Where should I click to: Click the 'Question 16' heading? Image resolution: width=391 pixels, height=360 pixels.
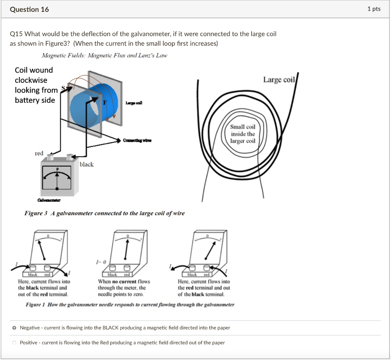(29, 10)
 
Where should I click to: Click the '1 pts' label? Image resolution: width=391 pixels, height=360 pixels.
(374, 9)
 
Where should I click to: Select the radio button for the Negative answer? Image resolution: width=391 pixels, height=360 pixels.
(14, 328)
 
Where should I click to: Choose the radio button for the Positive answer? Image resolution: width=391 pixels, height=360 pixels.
(14, 343)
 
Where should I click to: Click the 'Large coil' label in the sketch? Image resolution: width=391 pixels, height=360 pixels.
(279, 79)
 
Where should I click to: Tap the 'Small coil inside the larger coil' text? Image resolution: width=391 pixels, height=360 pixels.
(242, 134)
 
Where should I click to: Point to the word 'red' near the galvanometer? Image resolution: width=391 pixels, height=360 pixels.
(39, 153)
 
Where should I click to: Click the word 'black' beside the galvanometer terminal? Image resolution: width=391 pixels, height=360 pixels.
(87, 164)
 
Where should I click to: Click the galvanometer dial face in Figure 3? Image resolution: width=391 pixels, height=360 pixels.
(57, 178)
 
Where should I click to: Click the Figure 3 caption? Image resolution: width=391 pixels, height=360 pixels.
(104, 213)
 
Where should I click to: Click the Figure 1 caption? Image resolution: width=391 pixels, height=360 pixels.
(130, 304)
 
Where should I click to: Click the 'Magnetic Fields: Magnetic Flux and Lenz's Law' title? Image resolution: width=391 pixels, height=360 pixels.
(104, 56)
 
